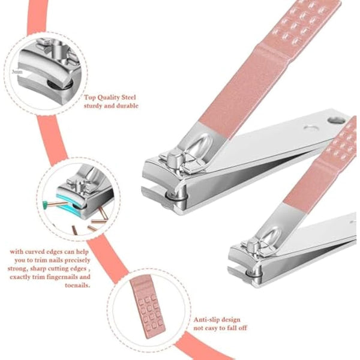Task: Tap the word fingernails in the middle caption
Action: (x=67, y=277)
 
